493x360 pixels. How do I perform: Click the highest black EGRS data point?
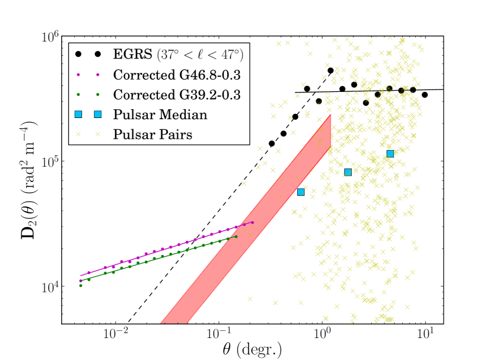pyautogui.click(x=330, y=71)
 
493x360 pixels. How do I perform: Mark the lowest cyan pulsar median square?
pyautogui.click(x=301, y=192)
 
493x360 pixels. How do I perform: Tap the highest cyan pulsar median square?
pyautogui.click(x=390, y=154)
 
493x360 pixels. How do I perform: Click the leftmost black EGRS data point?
pyautogui.click(x=272, y=144)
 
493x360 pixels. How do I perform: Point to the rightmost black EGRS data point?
pyautogui.click(x=425, y=94)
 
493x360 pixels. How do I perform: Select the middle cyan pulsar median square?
pyautogui.click(x=348, y=172)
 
